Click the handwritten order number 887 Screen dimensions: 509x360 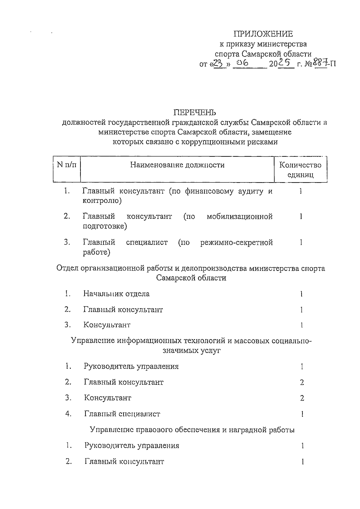pos(320,63)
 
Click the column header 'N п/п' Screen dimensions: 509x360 pos(67,165)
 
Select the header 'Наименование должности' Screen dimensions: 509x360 pos(177,165)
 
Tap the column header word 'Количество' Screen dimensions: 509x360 pos(300,165)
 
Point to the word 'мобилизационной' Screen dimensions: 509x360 pos(239,216)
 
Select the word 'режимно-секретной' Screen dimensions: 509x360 pos(236,242)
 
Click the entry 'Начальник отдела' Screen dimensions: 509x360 pos(116,294)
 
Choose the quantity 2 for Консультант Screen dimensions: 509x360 pos(302,398)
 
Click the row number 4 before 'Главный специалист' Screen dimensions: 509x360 pos(68,414)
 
